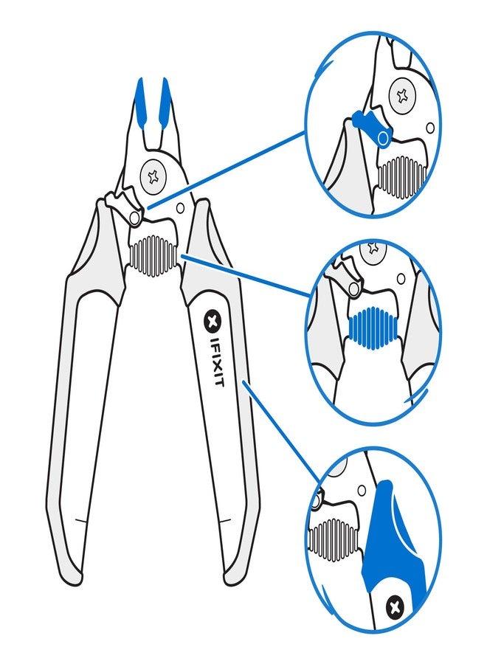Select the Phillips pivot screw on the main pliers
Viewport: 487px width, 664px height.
(154, 176)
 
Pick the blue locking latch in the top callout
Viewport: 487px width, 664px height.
(367, 124)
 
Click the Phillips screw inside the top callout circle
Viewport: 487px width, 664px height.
(403, 95)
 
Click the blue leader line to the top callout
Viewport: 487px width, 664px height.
(229, 170)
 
